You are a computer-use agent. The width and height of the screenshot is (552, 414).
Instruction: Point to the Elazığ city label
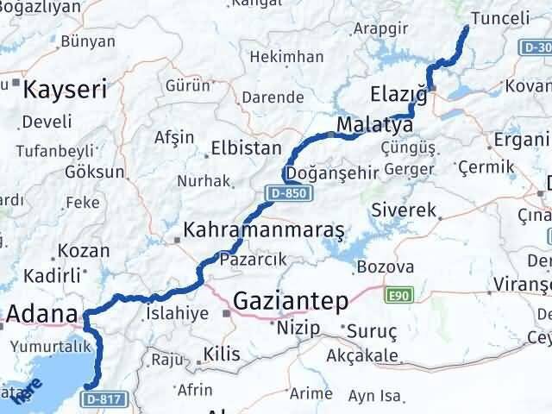(398, 92)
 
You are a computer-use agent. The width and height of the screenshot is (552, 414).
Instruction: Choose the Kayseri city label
(65, 89)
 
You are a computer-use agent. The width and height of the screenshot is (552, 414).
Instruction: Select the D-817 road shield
(99, 399)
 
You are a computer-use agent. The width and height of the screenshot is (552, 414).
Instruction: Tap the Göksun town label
(95, 171)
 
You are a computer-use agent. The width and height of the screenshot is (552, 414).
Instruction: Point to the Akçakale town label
(362, 355)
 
